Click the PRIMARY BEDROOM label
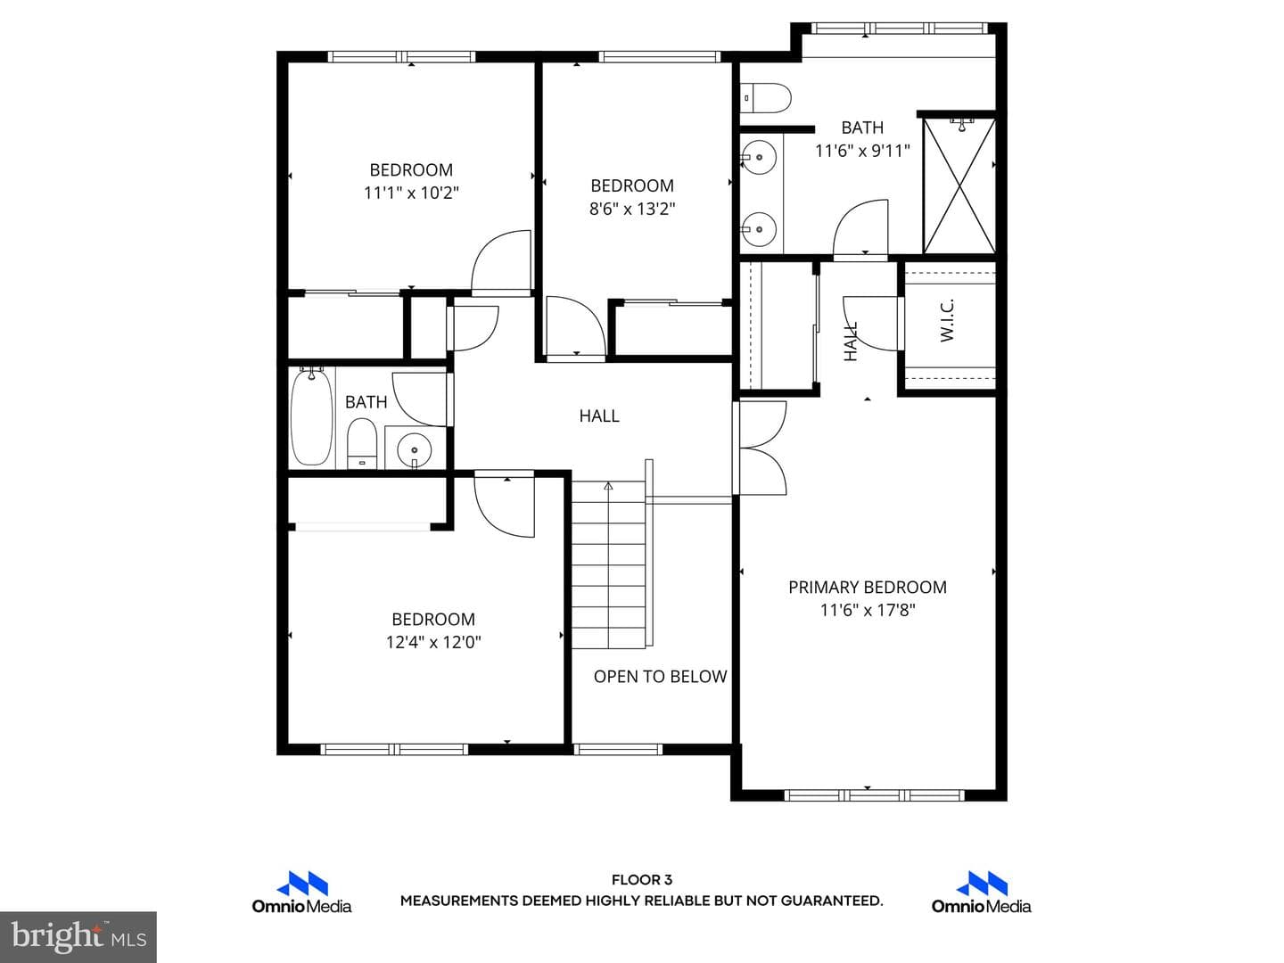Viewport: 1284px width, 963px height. [x=868, y=587]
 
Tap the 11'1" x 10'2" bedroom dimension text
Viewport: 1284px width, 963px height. [x=411, y=193]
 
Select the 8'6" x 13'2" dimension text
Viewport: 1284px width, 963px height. [x=632, y=209]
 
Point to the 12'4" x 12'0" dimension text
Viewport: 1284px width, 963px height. [x=432, y=642]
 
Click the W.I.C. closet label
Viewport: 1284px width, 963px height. [x=947, y=320]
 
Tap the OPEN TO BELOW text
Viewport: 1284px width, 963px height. [x=661, y=677]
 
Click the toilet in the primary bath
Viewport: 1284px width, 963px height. [x=766, y=98]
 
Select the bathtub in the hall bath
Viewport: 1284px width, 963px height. [x=312, y=417]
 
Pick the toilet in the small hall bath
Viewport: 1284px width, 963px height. [x=362, y=444]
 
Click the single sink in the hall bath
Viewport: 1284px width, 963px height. [x=414, y=450]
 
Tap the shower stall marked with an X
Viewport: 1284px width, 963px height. [x=959, y=186]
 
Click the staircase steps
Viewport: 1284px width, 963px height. [x=608, y=564]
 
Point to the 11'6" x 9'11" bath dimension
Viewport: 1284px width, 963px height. [x=863, y=151]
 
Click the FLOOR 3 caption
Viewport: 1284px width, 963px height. [x=642, y=879]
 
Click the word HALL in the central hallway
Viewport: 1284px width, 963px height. [x=599, y=416]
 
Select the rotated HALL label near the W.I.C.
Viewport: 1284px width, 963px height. [x=851, y=341]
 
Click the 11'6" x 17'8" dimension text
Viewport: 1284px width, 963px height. [x=868, y=610]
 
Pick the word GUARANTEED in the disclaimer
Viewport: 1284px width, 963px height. [x=831, y=901]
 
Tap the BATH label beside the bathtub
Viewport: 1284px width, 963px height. [x=366, y=402]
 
